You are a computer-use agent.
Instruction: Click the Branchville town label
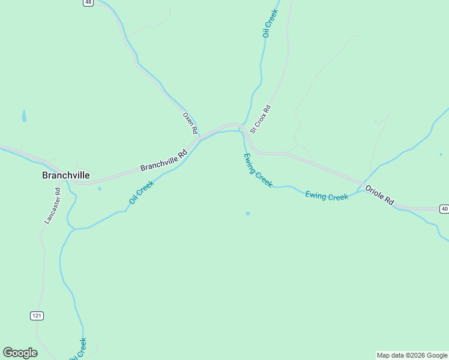[x=65, y=175]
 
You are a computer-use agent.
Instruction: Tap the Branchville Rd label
[x=164, y=160]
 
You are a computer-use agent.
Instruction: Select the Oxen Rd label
[x=190, y=122]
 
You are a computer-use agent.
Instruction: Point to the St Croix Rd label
[x=261, y=119]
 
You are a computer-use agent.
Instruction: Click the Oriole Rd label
[x=380, y=195]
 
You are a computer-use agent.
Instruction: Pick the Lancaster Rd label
[x=52, y=206]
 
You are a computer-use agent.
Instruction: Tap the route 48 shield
[x=88, y=2]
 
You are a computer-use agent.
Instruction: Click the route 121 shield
[x=37, y=316]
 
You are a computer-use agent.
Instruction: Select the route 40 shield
[x=444, y=209]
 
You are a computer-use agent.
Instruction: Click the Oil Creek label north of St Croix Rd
[x=270, y=23]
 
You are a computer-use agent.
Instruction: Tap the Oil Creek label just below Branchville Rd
[x=141, y=192]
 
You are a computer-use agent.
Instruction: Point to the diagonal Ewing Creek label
[x=258, y=170]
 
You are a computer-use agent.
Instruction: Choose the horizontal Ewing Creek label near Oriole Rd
[x=327, y=196]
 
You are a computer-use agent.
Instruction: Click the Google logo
[x=20, y=353]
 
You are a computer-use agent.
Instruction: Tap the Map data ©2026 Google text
[x=412, y=355]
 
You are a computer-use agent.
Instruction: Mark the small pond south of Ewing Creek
[x=248, y=213]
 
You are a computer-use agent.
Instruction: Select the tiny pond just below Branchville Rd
[x=100, y=189]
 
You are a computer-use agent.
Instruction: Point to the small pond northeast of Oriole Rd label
[x=441, y=154]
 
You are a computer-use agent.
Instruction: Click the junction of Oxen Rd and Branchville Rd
[x=197, y=137]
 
